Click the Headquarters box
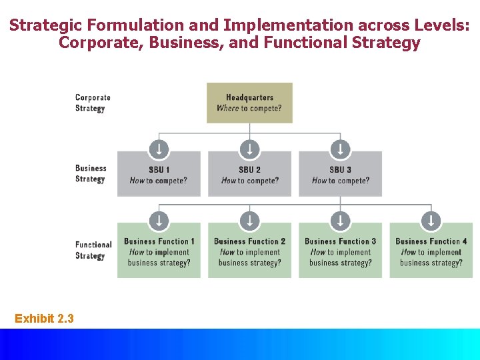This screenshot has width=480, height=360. [x=249, y=103]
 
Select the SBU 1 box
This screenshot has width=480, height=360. [x=159, y=175]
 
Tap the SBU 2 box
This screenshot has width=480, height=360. [x=249, y=175]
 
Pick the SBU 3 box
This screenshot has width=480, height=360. [x=340, y=175]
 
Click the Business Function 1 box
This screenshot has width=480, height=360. [x=159, y=252]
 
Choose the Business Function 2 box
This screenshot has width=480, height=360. [x=249, y=252]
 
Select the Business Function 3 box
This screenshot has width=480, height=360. [x=340, y=252]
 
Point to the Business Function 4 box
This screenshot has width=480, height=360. [x=431, y=252]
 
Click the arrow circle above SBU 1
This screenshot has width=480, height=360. [x=159, y=148]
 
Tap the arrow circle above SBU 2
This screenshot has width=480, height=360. [x=249, y=148]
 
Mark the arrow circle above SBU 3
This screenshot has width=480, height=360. [x=340, y=148]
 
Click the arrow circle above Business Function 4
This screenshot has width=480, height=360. [x=431, y=220]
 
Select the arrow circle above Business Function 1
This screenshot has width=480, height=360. [x=159, y=220]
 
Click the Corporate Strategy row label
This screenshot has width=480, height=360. [x=93, y=103]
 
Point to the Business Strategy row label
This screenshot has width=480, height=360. [x=91, y=173]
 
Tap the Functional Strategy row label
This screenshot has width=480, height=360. [x=93, y=250]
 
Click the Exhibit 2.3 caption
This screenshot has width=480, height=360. [x=44, y=319]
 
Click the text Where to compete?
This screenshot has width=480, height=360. [x=249, y=108]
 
